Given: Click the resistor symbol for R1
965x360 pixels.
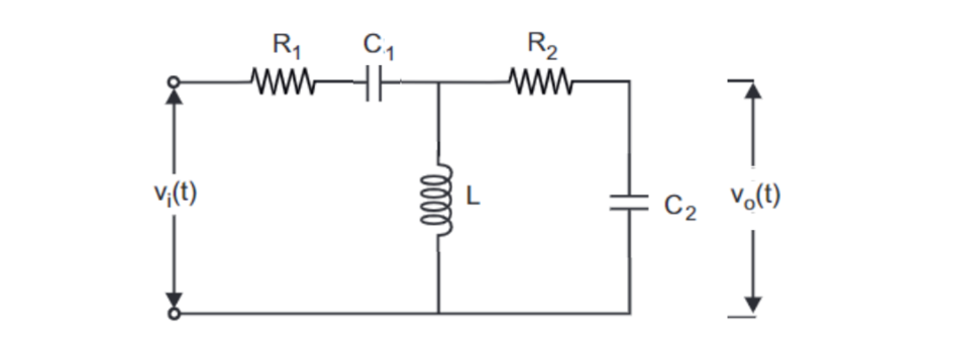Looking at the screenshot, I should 282,83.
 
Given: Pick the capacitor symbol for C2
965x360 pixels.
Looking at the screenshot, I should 629,202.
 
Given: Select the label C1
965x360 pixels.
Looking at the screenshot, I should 378,46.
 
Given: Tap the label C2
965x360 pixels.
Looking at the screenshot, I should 680,207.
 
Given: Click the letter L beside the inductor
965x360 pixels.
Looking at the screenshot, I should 473,198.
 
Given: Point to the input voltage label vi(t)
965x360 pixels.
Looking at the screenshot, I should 175,194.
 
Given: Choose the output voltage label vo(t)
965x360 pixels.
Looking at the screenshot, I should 755,197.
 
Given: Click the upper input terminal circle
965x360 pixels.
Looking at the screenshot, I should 174,83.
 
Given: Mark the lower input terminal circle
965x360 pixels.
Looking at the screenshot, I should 174,314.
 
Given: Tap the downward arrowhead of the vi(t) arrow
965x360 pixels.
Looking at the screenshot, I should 174,300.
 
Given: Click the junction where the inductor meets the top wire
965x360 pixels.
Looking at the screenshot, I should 438,83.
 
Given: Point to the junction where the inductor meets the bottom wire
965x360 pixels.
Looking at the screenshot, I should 438,313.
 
